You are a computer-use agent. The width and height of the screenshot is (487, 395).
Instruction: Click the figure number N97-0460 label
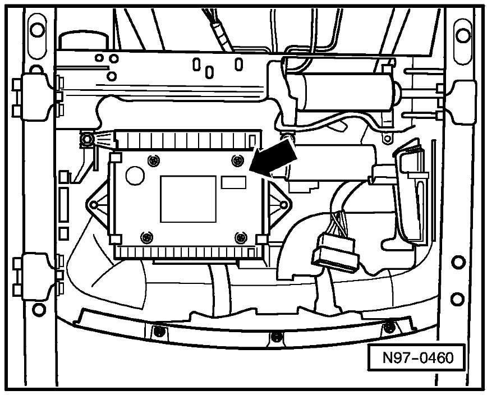[417, 357]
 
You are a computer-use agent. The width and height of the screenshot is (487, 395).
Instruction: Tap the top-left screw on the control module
[153, 160]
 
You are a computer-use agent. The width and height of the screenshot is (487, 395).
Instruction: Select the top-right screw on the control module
[237, 160]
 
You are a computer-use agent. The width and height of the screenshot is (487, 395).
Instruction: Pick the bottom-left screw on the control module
[146, 237]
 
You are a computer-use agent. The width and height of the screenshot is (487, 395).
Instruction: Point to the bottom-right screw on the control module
[240, 238]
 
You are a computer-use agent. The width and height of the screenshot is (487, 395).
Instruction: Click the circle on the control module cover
[135, 176]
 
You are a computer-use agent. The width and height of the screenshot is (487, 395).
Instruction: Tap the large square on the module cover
[188, 199]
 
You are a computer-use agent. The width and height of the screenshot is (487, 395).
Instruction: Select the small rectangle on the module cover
[233, 182]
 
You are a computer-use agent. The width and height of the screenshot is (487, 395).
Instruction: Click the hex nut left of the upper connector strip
[86, 140]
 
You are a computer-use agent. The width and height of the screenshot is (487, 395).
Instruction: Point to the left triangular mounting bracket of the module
[97, 205]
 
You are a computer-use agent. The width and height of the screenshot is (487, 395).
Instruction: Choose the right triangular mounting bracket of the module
[280, 205]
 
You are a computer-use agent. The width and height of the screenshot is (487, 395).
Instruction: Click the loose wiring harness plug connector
[336, 252]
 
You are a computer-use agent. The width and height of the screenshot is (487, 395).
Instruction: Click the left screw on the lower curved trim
[158, 330]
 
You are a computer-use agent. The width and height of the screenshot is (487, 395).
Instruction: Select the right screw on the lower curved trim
[389, 327]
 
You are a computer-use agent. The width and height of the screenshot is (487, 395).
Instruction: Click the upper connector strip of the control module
[188, 140]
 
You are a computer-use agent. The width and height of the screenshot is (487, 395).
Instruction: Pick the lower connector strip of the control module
[189, 251]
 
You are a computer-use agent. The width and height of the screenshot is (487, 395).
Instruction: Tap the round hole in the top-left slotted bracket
[37, 30]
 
